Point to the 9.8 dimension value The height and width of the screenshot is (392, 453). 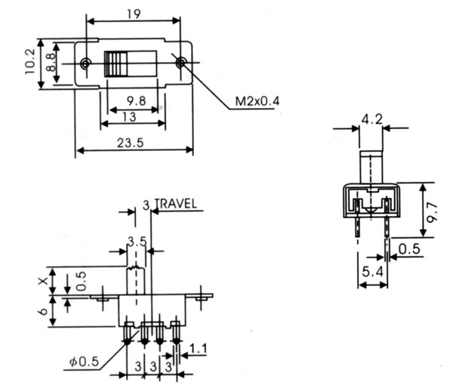coord(136,100)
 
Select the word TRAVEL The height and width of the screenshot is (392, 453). coord(176,203)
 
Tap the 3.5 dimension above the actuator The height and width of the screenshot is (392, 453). coord(137,242)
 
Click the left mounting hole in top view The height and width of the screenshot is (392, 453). coord(88,63)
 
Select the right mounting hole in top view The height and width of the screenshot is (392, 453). coord(180,63)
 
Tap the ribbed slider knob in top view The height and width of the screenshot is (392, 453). coord(118,63)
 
